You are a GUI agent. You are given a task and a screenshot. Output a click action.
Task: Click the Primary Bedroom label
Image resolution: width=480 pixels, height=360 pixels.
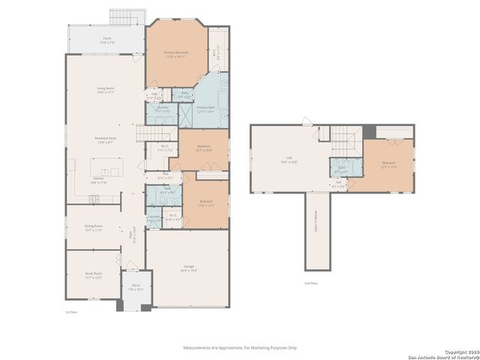click(176, 52)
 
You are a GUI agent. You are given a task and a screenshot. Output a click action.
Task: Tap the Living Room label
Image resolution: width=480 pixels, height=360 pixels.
click(105, 91)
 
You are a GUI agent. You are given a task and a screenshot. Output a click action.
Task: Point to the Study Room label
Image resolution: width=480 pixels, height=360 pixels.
click(93, 275)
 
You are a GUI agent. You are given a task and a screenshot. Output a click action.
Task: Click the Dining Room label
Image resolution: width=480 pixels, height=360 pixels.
click(94, 228)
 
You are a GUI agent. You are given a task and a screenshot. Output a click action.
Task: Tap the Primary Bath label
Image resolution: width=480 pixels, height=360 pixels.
click(205, 109)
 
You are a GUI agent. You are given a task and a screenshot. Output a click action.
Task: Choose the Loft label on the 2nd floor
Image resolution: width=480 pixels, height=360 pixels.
click(288, 159)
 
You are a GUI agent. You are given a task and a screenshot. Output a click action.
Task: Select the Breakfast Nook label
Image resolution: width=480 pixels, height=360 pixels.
click(105, 139)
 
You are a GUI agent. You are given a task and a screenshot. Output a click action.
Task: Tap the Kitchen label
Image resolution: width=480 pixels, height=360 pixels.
click(99, 181)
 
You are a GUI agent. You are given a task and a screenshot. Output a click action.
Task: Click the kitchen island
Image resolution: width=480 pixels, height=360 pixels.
click(104, 166)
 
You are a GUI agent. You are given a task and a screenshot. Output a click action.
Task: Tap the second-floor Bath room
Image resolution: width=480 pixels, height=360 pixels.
click(341, 169)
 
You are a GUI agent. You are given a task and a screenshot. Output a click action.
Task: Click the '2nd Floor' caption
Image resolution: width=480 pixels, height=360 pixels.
click(310, 283)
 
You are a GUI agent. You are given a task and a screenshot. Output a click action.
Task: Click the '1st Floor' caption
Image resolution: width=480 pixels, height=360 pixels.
click(71, 312)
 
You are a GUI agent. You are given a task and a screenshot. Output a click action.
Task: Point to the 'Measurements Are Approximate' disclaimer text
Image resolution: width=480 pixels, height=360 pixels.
click(240, 347)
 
